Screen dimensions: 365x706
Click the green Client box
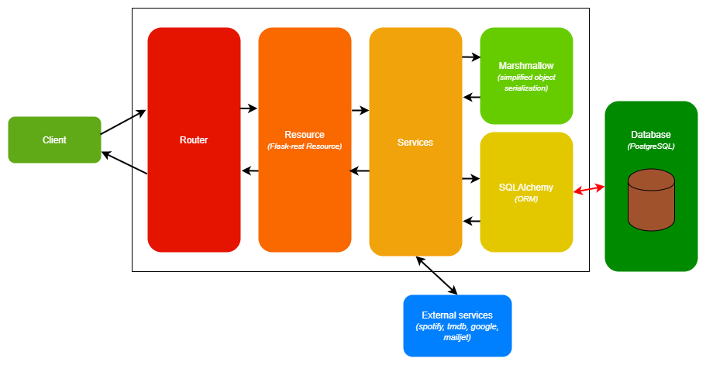click(x=54, y=140)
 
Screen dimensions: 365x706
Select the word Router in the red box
click(x=194, y=140)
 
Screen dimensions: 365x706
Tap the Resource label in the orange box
click(x=305, y=134)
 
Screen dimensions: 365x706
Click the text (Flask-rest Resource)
click(x=305, y=146)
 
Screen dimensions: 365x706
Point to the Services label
click(x=415, y=143)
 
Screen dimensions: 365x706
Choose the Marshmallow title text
click(x=526, y=66)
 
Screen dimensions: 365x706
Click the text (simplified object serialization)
click(x=526, y=83)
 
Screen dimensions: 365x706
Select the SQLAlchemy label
click(x=526, y=187)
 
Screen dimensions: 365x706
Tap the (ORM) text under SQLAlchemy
click(x=526, y=199)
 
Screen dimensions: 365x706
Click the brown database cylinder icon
click(x=651, y=201)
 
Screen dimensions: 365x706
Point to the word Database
click(x=651, y=134)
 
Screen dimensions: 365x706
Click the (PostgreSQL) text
click(x=651, y=146)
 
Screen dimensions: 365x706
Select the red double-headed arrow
click(x=588, y=189)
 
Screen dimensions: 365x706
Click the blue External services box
click(x=457, y=325)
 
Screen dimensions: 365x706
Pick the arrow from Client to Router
click(x=122, y=122)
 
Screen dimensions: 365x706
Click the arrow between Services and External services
click(x=436, y=275)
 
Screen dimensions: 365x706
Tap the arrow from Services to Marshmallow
click(x=471, y=57)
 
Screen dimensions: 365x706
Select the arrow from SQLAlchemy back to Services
click(x=471, y=222)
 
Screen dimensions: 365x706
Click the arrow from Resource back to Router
click(x=250, y=170)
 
